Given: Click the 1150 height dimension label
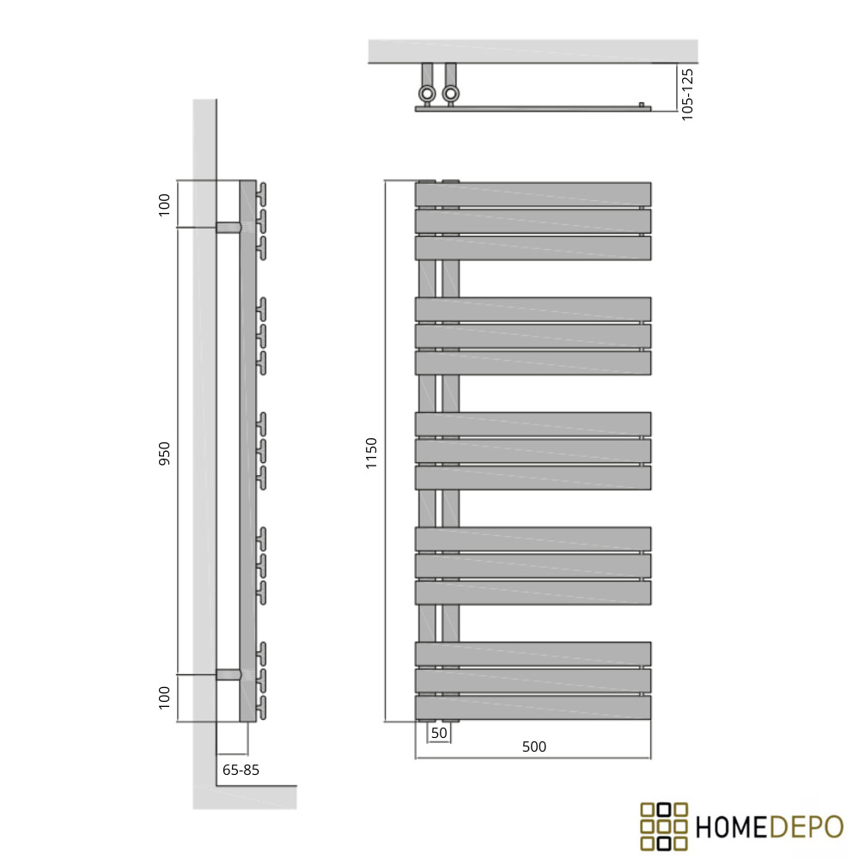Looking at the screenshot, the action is tap(371, 453).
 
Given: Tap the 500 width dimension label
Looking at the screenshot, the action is tap(533, 746).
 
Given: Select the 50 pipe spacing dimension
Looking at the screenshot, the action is tap(439, 733).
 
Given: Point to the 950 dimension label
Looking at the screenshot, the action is tap(164, 453).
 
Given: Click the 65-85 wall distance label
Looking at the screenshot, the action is tap(241, 770).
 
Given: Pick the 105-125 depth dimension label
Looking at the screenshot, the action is tap(687, 94).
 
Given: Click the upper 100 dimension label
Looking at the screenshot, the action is tap(164, 205).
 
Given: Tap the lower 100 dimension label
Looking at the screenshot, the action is tap(164, 698).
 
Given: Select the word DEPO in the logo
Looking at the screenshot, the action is tap(806, 827).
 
